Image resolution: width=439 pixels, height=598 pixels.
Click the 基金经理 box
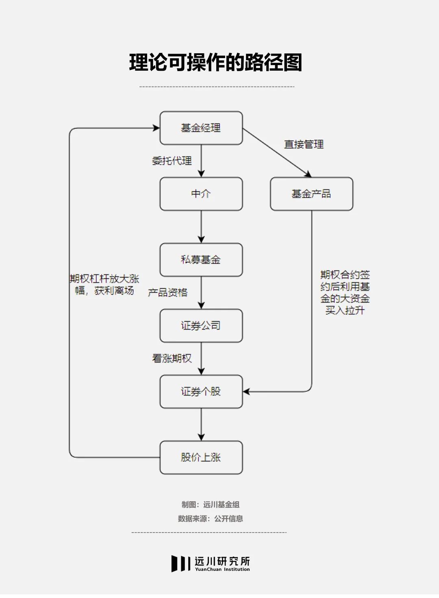point(201,128)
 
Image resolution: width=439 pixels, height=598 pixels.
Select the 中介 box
point(201,194)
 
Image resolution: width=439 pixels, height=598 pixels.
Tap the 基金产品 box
point(311,194)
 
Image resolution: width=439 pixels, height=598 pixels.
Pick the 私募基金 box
point(201,260)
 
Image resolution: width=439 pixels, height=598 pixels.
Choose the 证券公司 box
point(201,326)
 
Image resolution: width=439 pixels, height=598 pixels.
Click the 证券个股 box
point(201,391)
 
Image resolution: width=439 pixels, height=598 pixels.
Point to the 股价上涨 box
point(201,457)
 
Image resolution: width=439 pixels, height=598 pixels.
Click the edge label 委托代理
point(172,161)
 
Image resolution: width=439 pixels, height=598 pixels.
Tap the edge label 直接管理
point(304,144)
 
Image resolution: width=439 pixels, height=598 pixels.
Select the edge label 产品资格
point(167,292)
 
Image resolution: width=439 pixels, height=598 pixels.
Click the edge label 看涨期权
point(172,358)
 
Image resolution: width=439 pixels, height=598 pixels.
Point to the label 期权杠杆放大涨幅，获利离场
point(104,285)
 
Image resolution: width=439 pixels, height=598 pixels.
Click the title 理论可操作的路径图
point(216,63)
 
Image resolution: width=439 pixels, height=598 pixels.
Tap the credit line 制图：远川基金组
point(211,504)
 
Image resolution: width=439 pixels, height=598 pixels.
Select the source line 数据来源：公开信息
point(211,518)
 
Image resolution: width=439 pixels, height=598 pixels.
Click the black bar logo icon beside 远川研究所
point(180,563)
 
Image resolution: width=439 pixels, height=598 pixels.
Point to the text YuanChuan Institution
point(222,570)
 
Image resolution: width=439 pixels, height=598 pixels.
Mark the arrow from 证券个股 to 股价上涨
point(201,424)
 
